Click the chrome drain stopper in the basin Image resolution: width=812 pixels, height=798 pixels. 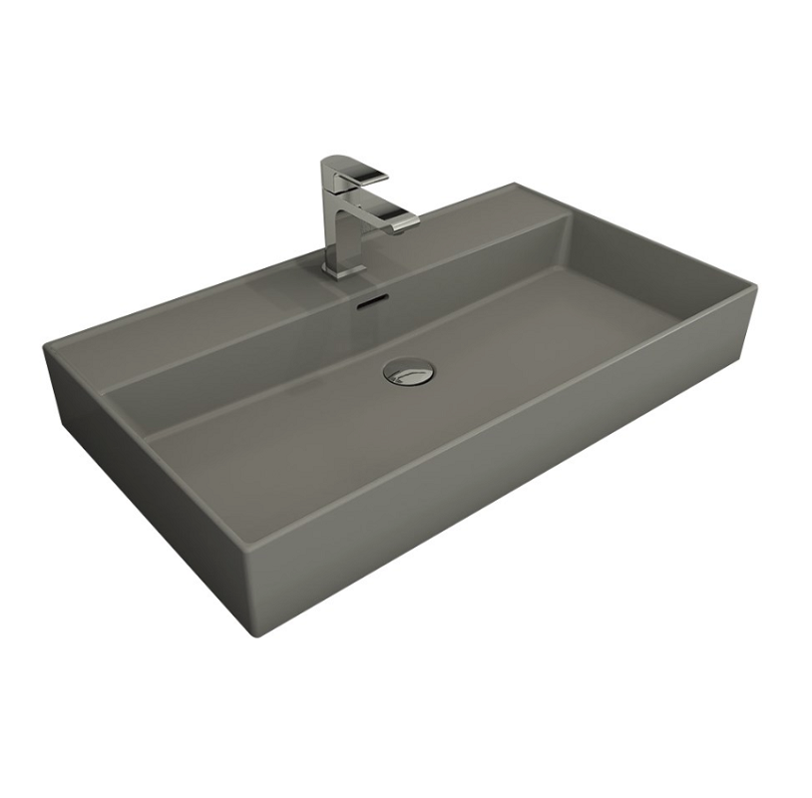pyautogui.click(x=409, y=372)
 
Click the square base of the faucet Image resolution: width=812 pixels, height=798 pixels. pyautogui.click(x=342, y=268)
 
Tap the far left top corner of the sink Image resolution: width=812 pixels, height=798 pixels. pyautogui.click(x=45, y=346)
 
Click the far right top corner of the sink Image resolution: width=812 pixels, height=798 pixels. pyautogui.click(x=755, y=287)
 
